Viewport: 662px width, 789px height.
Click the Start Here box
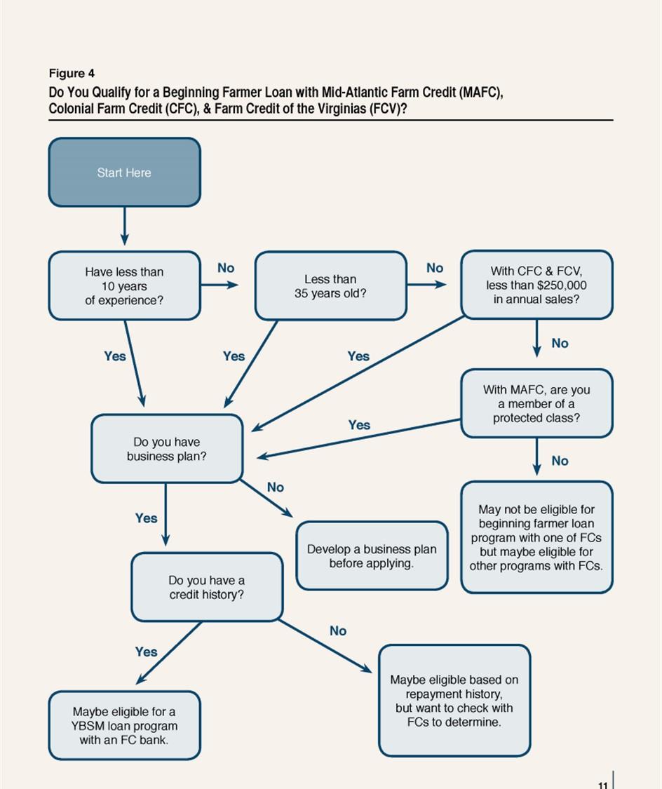(x=124, y=173)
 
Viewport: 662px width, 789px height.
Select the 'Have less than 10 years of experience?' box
(x=124, y=286)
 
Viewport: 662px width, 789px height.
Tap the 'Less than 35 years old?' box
(x=330, y=286)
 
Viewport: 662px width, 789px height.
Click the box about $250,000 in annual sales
(x=536, y=285)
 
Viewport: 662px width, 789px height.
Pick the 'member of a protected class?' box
(x=536, y=404)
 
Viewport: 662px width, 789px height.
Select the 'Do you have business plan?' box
(x=167, y=449)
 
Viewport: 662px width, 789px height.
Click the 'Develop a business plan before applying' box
(x=372, y=556)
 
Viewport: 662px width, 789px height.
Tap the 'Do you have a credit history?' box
(x=207, y=588)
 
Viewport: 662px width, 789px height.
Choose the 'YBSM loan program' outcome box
(x=124, y=726)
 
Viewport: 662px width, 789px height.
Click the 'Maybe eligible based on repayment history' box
(x=454, y=701)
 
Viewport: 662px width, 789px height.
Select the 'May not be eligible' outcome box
(x=536, y=537)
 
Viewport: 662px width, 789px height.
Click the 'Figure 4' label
(x=72, y=74)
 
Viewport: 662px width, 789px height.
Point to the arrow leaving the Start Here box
(x=124, y=226)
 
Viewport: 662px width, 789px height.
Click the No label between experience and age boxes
(x=226, y=268)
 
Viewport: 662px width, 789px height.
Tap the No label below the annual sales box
(x=560, y=343)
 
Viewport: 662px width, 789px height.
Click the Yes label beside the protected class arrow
(x=359, y=425)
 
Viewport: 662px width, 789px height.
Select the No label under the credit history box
(x=338, y=631)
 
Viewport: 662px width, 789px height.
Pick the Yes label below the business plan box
(x=146, y=518)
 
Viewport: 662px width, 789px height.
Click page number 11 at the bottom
(x=603, y=785)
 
